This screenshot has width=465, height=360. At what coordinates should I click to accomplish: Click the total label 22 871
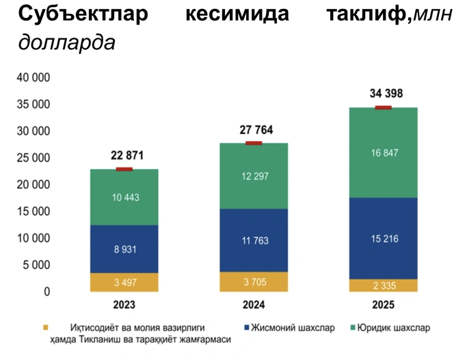click(x=124, y=155)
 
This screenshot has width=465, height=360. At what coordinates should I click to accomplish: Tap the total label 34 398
click(x=384, y=93)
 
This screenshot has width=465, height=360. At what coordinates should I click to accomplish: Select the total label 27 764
click(x=254, y=129)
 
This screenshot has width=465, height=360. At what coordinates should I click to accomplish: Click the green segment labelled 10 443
click(x=124, y=197)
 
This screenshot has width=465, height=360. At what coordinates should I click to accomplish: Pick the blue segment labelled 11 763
click(x=254, y=240)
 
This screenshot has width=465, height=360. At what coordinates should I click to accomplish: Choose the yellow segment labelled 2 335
click(x=384, y=285)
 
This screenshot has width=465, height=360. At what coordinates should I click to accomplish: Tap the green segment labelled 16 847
click(x=384, y=153)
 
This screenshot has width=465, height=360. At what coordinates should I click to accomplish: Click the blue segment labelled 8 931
click(x=124, y=249)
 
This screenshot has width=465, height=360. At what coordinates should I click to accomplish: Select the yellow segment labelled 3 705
click(x=254, y=282)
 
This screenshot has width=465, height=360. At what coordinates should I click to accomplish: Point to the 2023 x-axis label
click(x=124, y=305)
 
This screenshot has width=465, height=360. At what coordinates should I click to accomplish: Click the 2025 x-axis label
click(x=384, y=305)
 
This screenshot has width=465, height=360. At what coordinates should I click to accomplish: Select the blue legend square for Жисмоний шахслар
click(x=244, y=328)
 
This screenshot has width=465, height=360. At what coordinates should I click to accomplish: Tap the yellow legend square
click(x=45, y=328)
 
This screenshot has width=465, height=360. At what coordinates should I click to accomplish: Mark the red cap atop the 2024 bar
click(x=254, y=143)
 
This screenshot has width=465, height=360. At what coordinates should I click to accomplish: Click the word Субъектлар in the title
click(x=83, y=14)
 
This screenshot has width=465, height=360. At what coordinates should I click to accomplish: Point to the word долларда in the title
click(x=66, y=42)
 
